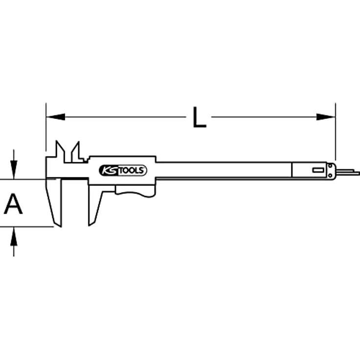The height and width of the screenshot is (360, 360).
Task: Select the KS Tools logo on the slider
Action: (x=123, y=170)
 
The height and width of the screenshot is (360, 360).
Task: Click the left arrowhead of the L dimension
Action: (x=55, y=117)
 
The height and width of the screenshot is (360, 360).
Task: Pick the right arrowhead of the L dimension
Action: (x=326, y=117)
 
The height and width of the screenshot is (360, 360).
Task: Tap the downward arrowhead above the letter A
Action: (x=14, y=172)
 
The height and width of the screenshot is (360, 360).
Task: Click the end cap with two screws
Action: (x=332, y=170)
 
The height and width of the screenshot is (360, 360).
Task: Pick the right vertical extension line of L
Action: (x=336, y=132)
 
